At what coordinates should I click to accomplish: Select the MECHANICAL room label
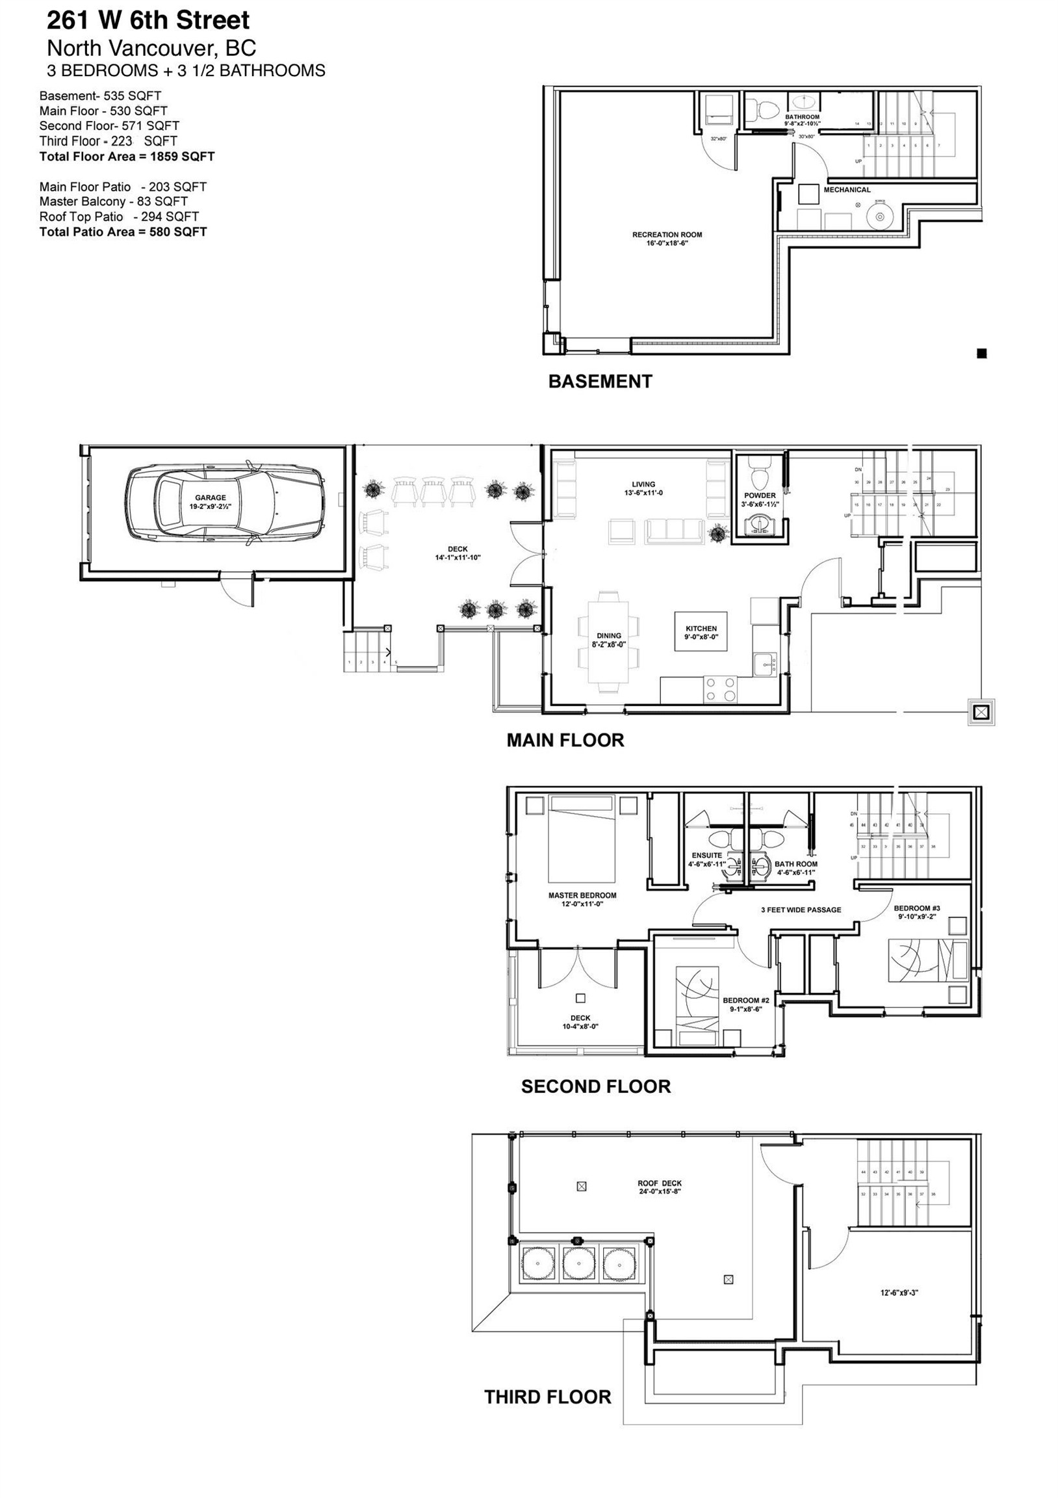click(x=847, y=190)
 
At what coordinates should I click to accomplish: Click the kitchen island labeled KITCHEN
click(x=701, y=632)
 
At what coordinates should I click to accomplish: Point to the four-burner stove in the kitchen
click(x=720, y=690)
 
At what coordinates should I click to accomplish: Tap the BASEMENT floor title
click(x=599, y=382)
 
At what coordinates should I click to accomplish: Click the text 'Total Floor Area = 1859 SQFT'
click(x=127, y=157)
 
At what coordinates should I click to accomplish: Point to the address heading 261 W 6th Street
click(x=148, y=21)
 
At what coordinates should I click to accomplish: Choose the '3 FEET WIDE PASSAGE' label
click(x=801, y=910)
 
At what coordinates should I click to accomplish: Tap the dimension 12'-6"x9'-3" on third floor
click(x=899, y=1293)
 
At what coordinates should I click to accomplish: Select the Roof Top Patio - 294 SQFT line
click(x=119, y=217)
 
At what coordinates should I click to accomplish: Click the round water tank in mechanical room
click(x=879, y=217)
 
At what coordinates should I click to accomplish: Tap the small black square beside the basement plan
click(x=982, y=354)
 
